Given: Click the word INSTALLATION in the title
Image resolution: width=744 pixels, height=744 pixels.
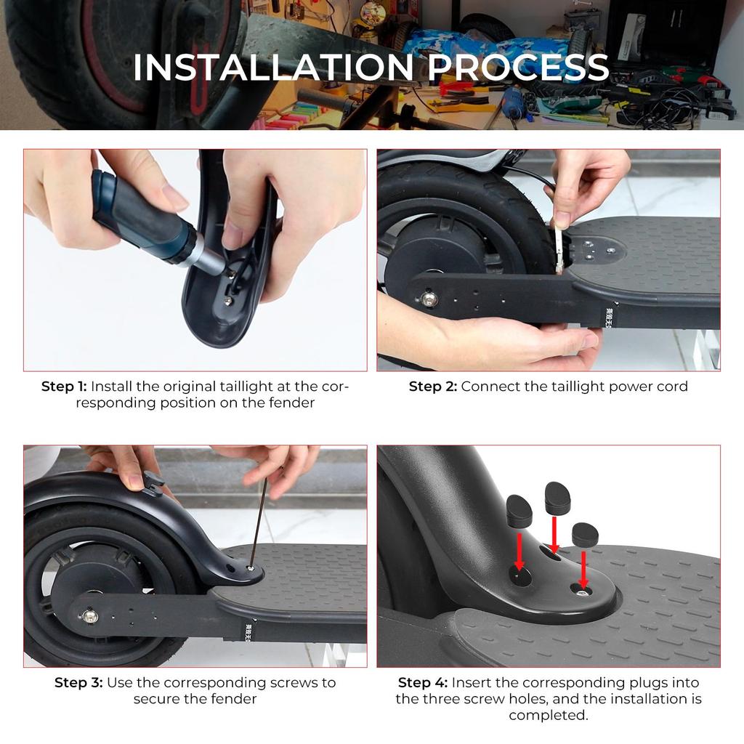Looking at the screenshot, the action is coord(273,67).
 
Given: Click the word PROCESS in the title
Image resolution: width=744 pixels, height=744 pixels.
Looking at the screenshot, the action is coord(518,67).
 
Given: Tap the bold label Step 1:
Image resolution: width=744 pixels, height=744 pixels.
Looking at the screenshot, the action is coord(64,387).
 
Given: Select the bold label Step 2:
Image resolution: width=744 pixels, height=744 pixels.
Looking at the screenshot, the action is coord(433,387).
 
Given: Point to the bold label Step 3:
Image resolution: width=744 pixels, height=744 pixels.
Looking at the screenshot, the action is coord(78,683).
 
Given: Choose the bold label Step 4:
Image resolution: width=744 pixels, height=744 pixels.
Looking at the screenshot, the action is coord(422,683).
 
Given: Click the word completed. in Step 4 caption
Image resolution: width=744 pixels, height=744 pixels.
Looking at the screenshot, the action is coord(549,715).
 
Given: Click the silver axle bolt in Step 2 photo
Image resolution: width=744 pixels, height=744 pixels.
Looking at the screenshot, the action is coord(429,299).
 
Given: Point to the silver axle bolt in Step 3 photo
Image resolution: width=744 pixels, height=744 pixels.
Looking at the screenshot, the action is coord(89,616).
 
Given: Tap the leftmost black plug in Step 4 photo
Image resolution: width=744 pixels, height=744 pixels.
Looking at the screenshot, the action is coord(519,511).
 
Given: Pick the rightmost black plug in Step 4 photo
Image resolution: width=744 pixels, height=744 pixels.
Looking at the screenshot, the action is coord(585,534).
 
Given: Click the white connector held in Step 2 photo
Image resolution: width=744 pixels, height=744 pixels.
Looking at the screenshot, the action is coord(560,248).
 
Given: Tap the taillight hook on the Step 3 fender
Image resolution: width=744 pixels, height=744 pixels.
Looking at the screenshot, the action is coord(153,483).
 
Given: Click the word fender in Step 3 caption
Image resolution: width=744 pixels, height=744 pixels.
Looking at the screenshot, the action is coord(233,699).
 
